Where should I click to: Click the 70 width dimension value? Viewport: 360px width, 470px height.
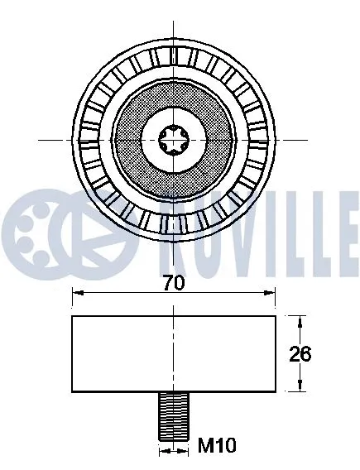(x=173, y=282)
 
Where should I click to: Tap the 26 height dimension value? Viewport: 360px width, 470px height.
(x=299, y=354)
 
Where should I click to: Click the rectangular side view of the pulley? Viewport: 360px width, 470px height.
(x=173, y=354)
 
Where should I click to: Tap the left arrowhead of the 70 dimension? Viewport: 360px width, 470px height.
(x=77, y=291)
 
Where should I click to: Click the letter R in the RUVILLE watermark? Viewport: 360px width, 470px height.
(x=107, y=223)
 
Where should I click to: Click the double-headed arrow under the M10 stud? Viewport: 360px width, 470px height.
(x=173, y=451)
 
